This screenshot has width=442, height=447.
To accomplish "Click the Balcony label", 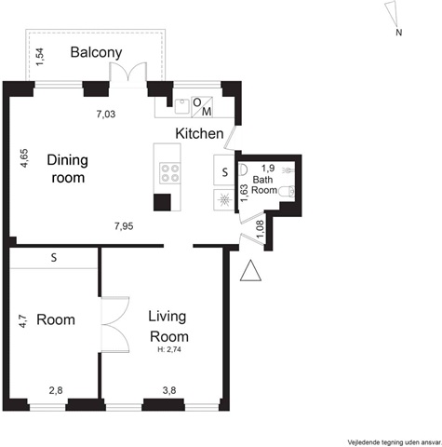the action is tap(96, 53).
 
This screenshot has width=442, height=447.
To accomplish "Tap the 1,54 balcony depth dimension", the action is tap(40, 57).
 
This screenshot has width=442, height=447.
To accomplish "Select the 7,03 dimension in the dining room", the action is tap(106, 115).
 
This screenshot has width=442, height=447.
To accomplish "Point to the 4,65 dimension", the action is tap(24, 158).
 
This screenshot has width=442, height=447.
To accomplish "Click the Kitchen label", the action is tap(199, 133).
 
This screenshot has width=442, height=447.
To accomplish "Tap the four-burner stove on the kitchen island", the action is tap(170, 173).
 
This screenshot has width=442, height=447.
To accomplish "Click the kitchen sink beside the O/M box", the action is tap(181, 106).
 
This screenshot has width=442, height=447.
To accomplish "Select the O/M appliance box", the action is tap(202, 107).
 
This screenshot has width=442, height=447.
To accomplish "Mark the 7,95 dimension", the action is tap(124, 226).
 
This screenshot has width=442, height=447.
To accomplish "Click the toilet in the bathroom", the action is tap(287, 191).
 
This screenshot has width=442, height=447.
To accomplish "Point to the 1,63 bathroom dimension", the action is tap(245, 193).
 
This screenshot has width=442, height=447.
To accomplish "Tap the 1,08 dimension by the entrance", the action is tap(260, 229).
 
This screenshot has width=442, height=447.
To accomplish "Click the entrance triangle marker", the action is tap(250, 271).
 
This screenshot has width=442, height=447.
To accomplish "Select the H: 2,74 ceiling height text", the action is tap(169, 349).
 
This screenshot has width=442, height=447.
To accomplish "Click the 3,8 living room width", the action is tap(169, 390).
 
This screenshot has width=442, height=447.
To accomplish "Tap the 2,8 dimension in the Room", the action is tap(56, 390).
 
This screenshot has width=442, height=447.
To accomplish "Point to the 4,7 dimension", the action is tap(23, 320).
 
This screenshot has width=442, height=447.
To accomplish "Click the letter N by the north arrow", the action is tap(399, 33).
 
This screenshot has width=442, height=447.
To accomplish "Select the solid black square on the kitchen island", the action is tap(162, 202).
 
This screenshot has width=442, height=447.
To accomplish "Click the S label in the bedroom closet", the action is tap(54, 258).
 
